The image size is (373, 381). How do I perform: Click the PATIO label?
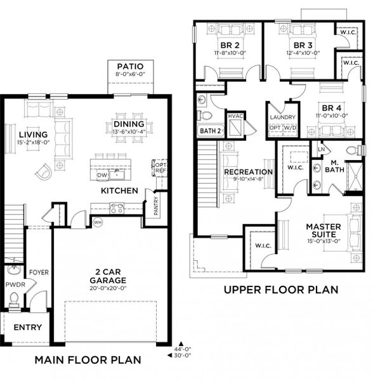pos(129,66)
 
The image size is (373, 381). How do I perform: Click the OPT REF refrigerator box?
pos(160,167)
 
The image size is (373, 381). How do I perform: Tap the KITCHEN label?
pos(119,190)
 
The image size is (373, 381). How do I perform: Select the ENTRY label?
pos(27,328)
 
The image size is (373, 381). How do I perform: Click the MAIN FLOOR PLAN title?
pos(88,360)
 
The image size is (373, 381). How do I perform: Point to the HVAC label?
pos(235,116)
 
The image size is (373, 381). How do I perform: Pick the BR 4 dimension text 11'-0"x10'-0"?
pos(332,116)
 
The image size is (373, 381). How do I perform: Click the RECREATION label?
pos(248,172)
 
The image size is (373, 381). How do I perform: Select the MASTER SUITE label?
pos(324,231)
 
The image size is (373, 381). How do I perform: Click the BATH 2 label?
pos(209,131)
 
